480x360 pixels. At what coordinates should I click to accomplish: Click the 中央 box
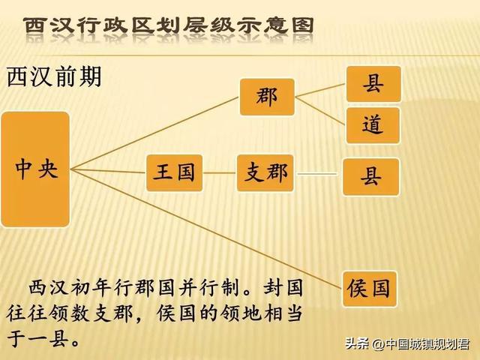pos(35,169)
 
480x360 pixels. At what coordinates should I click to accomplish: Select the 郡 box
pos(267,97)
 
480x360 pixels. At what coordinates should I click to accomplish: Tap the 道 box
pos(373,124)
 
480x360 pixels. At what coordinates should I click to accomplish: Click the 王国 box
pos(175,172)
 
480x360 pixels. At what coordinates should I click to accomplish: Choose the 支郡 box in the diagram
pos(266,172)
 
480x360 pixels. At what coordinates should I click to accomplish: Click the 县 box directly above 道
pos(373,83)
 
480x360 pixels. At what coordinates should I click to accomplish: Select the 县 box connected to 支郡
pos(371,176)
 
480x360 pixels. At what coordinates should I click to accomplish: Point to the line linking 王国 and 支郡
pos(220,172)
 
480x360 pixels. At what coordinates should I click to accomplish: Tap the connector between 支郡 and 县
pos(319,174)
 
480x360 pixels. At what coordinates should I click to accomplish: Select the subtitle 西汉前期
pos(54,77)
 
